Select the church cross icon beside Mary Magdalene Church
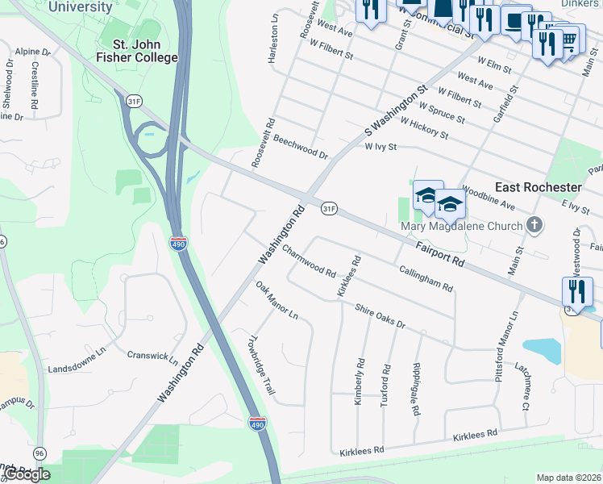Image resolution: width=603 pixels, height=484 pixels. tap(534, 225)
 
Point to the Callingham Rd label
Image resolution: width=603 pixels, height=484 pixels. tap(426, 277)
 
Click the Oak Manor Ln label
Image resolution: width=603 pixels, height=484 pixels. tap(277, 300)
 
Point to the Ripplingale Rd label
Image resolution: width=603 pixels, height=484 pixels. tap(416, 388)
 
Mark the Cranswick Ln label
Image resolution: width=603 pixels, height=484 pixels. tap(152, 355)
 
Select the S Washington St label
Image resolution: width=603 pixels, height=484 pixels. tap(394, 110)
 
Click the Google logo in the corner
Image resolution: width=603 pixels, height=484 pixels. tap(27, 474)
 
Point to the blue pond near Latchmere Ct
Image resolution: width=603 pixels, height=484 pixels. tap(541, 348)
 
